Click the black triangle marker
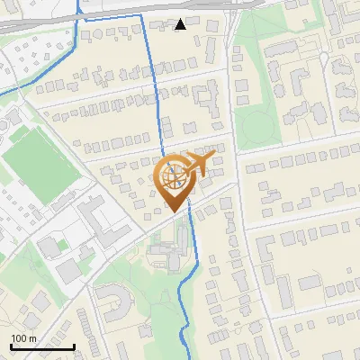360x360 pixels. click(181, 24)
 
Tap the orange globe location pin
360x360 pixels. click(176, 179)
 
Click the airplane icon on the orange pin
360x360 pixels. click(200, 163)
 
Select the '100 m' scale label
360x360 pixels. click(23, 337)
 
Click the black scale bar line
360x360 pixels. click(42, 346)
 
